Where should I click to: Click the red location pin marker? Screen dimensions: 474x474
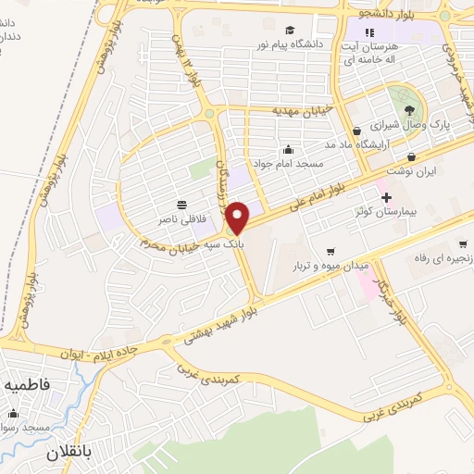click(238, 217)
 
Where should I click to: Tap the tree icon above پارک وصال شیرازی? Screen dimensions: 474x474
click(409, 109)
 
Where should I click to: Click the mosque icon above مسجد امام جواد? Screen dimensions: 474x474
click(289, 149)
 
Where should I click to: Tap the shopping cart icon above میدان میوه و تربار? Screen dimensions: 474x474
click(331, 252)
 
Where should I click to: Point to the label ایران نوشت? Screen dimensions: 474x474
click(414, 172)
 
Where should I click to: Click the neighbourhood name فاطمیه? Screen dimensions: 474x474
click(46, 382)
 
